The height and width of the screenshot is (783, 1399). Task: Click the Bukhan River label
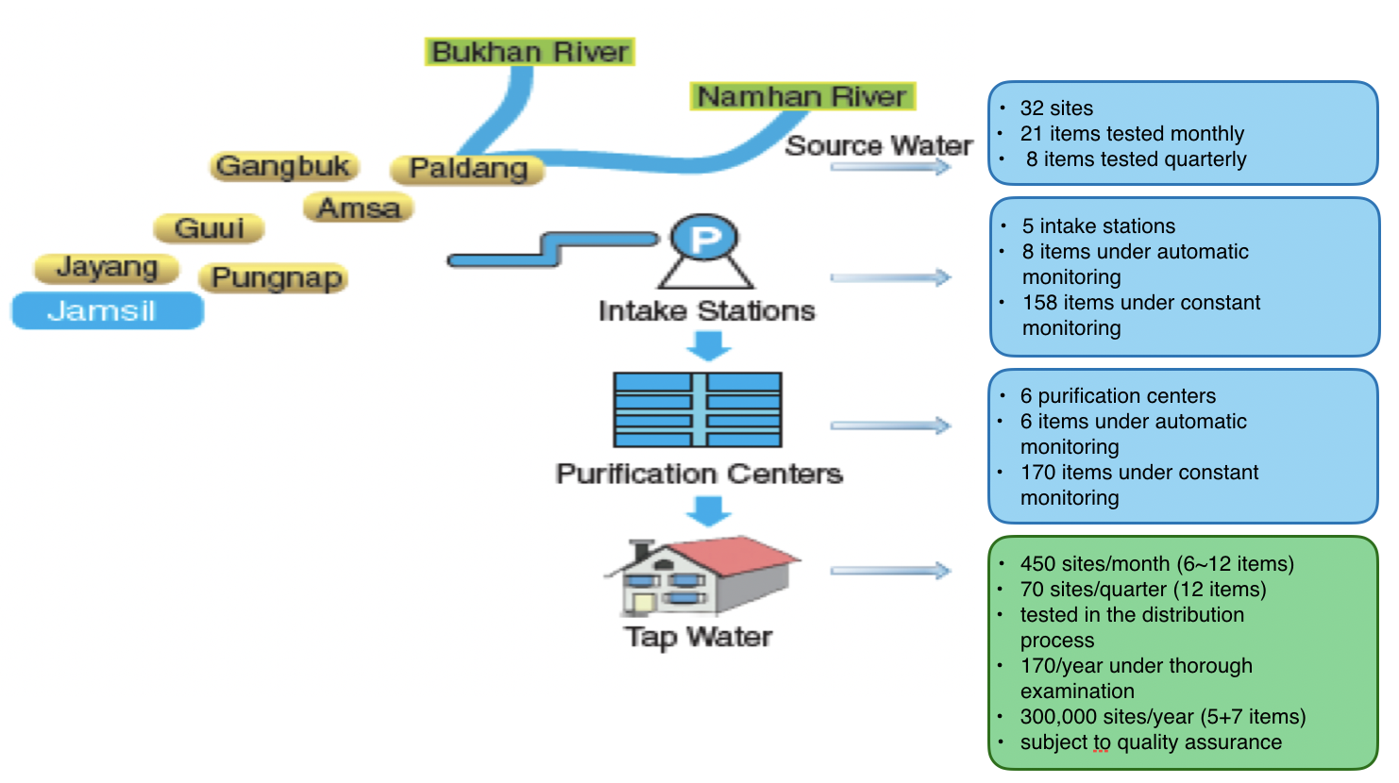[530, 52]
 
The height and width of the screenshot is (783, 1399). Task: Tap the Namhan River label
[801, 96]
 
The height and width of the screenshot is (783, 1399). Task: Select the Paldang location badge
[468, 169]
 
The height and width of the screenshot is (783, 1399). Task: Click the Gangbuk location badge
[283, 166]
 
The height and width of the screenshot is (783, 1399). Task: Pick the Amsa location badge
[359, 208]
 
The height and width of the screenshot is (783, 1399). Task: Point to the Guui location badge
[209, 228]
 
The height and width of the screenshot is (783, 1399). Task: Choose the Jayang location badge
[107, 268]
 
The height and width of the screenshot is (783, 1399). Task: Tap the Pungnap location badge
[274, 278]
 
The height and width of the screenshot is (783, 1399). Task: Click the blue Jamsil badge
[107, 310]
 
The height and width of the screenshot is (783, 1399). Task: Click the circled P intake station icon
[704, 239]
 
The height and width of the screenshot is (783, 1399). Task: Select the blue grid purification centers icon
[698, 409]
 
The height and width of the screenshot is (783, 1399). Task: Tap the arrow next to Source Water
[890, 167]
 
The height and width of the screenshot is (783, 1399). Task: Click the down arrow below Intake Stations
[708, 346]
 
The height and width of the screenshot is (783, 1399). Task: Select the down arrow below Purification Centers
[708, 510]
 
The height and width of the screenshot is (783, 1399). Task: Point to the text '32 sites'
[1056, 108]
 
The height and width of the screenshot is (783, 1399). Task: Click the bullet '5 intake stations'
[1098, 226]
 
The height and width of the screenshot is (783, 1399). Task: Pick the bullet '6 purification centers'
[1118, 396]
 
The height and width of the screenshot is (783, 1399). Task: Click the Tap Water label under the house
[698, 637]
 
